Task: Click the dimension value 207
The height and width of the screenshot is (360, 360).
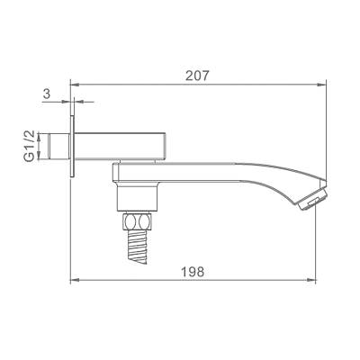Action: (198, 76)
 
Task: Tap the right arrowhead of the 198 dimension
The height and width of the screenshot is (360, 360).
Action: (322, 280)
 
